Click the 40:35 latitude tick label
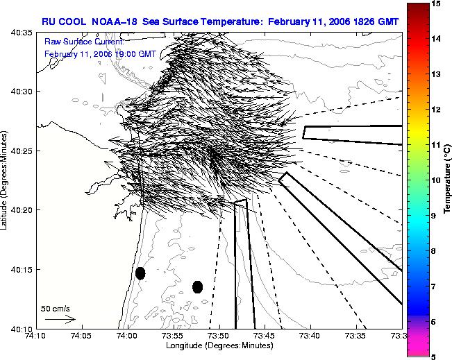22,33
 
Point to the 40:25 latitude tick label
22,151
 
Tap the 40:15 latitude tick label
22,270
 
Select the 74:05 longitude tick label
83,336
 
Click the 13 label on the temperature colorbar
436,74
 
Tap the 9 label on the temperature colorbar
434,216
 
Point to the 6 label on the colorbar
434,322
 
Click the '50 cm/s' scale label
56,309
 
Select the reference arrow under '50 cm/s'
60,319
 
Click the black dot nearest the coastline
140,273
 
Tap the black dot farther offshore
197,287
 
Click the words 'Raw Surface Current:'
84,42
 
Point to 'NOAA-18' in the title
114,22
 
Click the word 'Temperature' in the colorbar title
447,188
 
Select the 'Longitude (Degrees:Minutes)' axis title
219,345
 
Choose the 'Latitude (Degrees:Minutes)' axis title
3,180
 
